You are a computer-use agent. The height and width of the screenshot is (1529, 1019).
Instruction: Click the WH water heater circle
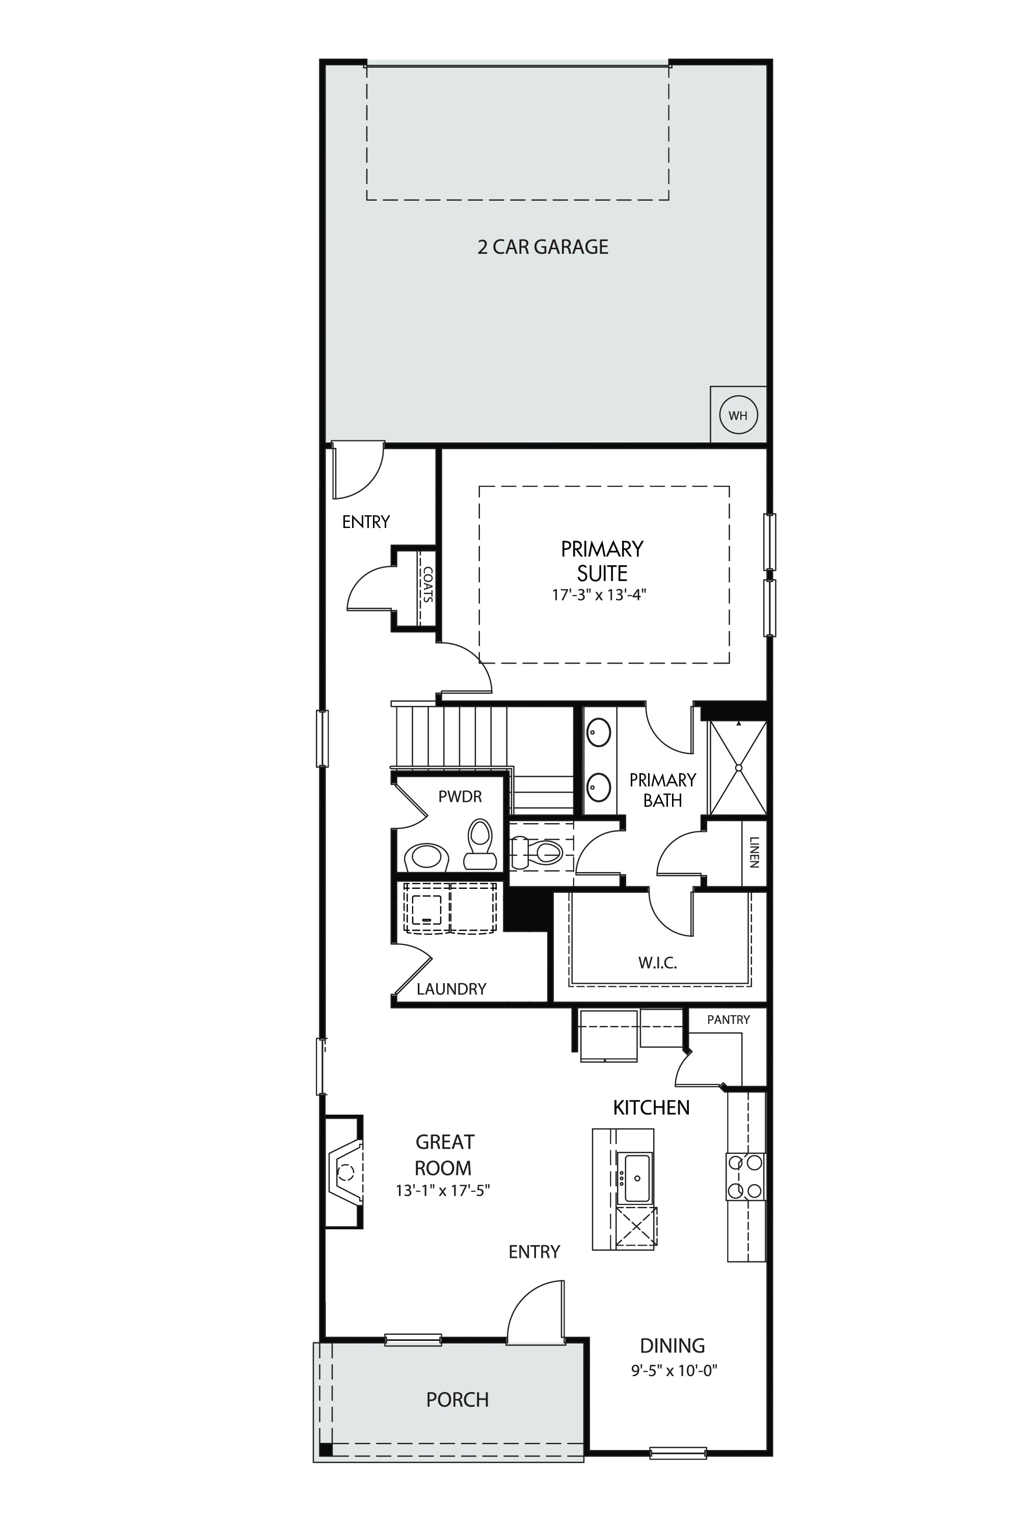(738, 415)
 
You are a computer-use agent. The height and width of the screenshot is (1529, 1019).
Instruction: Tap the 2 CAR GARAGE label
(543, 247)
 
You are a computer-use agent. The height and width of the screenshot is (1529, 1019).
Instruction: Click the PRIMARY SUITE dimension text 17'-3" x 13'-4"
(599, 595)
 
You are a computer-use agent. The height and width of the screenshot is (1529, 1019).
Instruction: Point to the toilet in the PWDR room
(479, 844)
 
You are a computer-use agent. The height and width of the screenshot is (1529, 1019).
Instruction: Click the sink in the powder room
(426, 857)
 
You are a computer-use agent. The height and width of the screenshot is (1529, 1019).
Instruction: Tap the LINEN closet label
(754, 852)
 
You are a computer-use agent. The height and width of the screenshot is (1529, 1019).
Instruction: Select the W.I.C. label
(658, 963)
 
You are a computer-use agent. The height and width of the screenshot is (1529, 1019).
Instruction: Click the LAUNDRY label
(451, 989)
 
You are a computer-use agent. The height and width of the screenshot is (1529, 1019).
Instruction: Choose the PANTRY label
(729, 1019)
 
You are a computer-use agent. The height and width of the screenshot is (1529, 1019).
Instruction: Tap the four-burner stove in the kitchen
(745, 1176)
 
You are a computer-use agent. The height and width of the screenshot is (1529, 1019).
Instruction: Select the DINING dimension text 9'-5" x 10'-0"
(674, 1371)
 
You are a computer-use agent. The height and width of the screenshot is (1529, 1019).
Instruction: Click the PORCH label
(458, 1400)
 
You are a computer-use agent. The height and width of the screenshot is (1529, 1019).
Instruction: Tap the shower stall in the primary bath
(738, 767)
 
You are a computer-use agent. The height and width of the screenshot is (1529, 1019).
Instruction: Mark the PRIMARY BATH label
(663, 790)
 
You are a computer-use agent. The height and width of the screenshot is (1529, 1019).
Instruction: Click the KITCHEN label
(651, 1108)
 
